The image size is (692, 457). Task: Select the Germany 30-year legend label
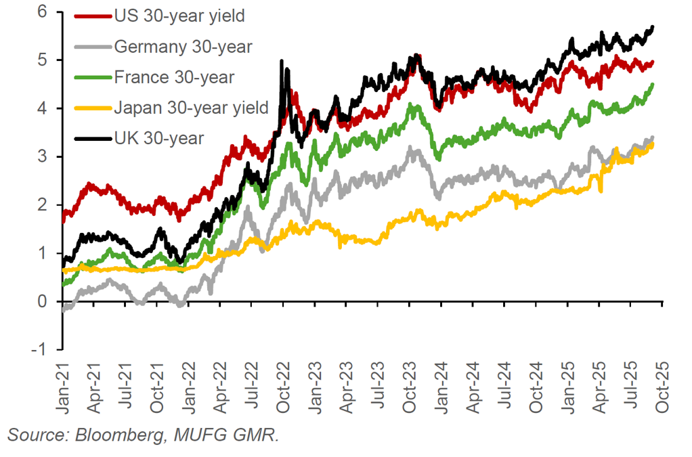183,47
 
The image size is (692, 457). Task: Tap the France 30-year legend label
174,77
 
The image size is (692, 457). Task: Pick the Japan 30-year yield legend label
192,107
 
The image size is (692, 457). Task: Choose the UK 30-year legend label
159,137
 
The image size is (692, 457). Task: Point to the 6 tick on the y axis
45,12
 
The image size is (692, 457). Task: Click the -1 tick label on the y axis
42,349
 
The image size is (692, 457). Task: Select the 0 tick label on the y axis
45,301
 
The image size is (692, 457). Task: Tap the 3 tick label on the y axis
45,156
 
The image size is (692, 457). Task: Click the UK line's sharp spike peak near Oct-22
281,62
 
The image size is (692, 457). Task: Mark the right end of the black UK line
653,27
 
